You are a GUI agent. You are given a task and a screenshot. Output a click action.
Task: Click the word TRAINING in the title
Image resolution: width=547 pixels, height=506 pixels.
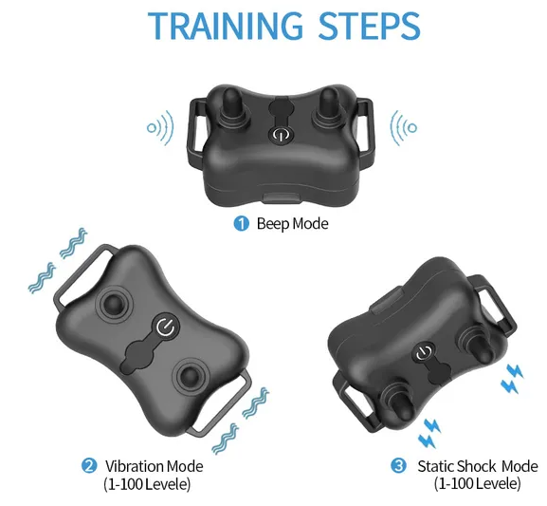click(x=225, y=26)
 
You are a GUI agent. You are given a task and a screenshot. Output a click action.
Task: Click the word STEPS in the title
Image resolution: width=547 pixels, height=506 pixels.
click(x=369, y=26)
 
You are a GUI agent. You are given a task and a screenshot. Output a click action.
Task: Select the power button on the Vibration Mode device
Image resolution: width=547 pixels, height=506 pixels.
click(x=166, y=328)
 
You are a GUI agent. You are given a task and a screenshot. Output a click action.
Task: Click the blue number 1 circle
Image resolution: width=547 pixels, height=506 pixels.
click(x=242, y=224)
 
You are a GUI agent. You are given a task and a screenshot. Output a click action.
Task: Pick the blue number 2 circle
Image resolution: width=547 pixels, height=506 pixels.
click(x=89, y=466)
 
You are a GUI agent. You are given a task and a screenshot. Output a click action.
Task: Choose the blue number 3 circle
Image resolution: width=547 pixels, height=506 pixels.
click(x=398, y=466)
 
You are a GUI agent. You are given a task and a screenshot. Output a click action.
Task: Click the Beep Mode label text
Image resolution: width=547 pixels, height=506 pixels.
click(x=292, y=224)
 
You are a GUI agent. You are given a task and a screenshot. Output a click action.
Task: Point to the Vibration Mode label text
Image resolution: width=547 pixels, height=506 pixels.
click(x=155, y=466)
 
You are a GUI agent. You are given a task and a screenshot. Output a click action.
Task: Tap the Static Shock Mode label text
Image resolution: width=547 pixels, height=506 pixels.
click(x=478, y=466)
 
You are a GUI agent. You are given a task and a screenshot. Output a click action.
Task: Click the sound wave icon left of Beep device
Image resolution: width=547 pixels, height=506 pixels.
click(x=160, y=128)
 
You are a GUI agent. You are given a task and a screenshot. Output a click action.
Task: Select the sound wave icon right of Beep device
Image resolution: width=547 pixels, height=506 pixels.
click(x=404, y=128)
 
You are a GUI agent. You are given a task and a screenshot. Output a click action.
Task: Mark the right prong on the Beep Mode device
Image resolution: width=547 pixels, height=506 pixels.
click(x=329, y=106)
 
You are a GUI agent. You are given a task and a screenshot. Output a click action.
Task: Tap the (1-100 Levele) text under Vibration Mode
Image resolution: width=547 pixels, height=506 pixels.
click(x=147, y=484)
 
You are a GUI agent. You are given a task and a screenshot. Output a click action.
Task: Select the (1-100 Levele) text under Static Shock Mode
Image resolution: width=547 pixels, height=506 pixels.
click(x=477, y=484)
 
